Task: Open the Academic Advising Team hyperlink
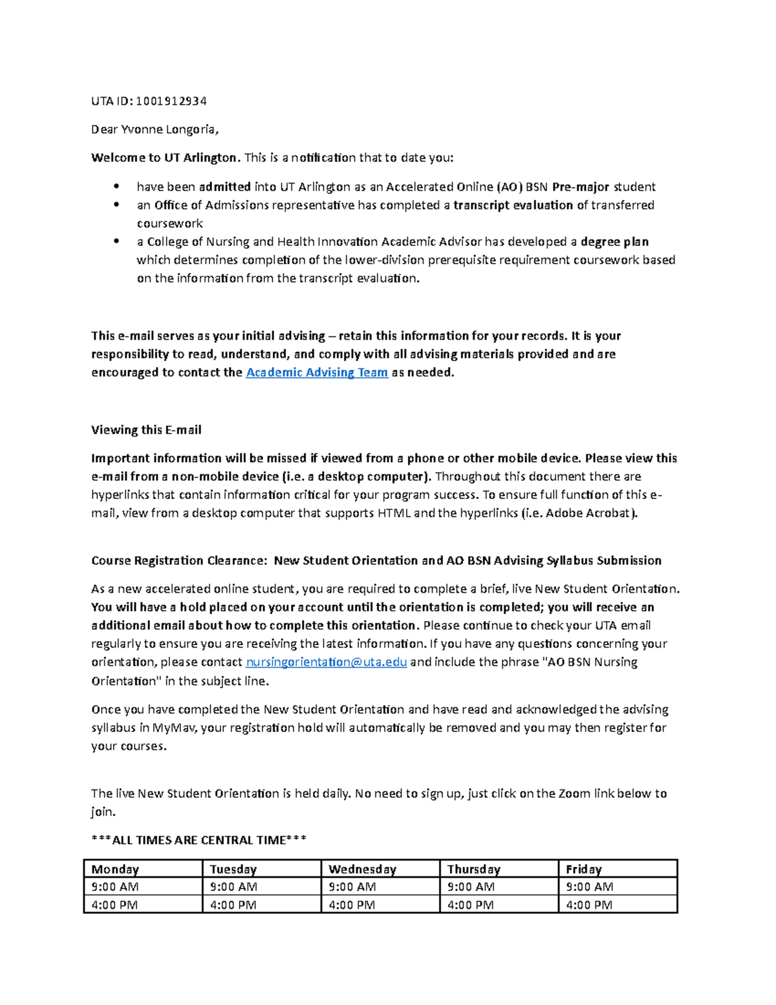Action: [x=317, y=373]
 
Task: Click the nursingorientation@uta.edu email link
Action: [x=327, y=662]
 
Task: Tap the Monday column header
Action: [x=115, y=869]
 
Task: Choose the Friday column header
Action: [x=583, y=869]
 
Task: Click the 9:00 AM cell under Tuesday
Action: [x=233, y=887]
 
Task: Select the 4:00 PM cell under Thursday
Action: [x=470, y=905]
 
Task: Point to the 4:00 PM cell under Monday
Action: [x=114, y=905]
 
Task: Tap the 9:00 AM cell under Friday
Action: [x=589, y=887]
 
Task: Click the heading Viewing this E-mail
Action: [x=146, y=430]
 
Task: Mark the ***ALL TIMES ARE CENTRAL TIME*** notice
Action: [x=199, y=841]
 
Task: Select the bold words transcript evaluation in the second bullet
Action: [x=513, y=206]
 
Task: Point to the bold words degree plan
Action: [x=614, y=242]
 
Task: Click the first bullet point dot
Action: [x=116, y=186]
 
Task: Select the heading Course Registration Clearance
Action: [x=178, y=561]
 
